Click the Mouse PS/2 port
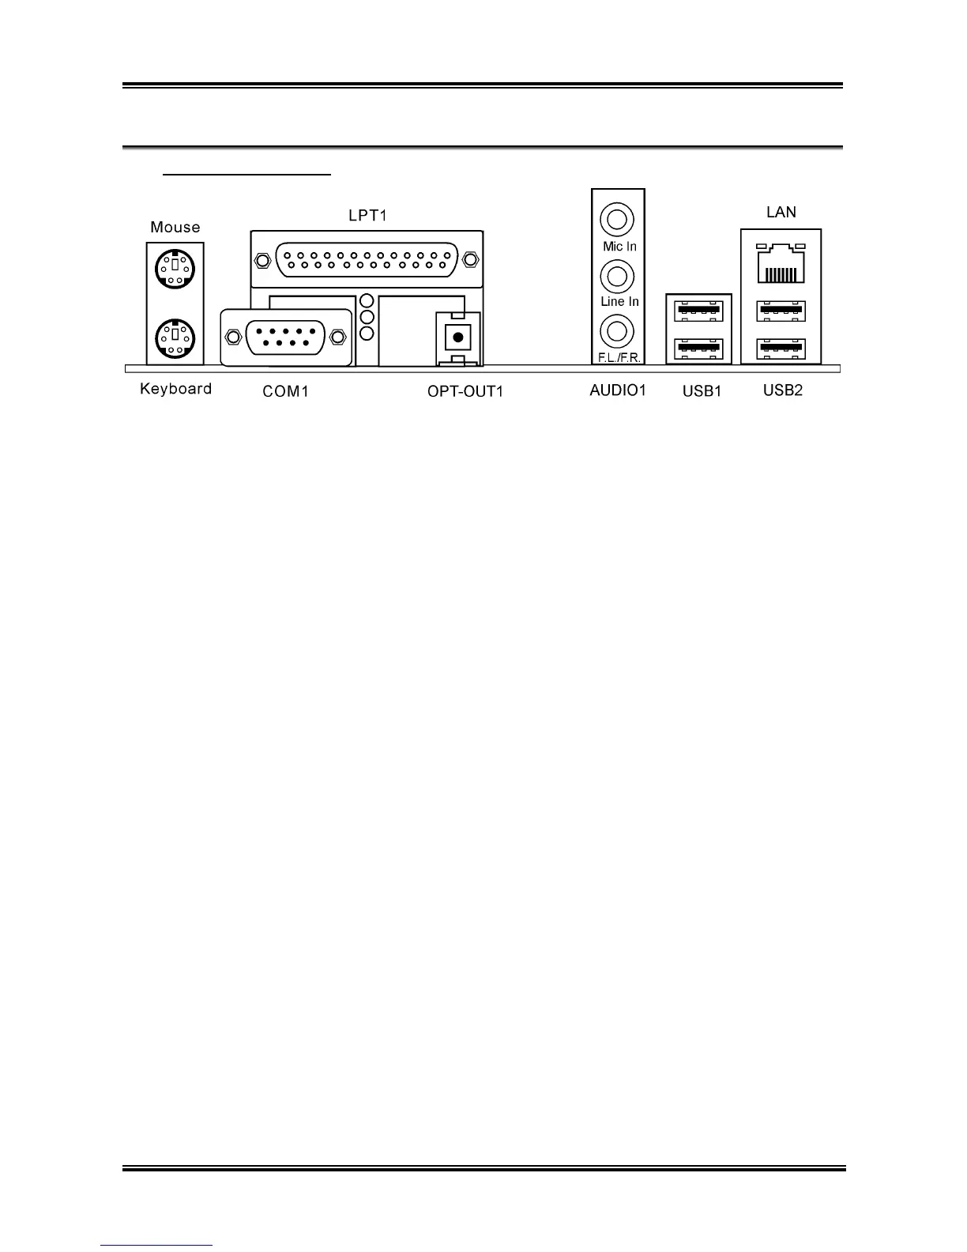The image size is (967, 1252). [x=175, y=270]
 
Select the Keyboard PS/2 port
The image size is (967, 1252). [x=175, y=338]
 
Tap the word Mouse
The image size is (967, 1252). [x=175, y=228]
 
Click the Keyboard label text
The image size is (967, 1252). [x=175, y=389]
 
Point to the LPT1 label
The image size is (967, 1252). [x=367, y=215]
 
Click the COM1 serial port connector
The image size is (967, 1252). [x=285, y=337]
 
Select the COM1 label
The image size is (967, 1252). [x=285, y=391]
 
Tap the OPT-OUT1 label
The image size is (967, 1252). [x=465, y=391]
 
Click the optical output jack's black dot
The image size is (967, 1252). [x=457, y=337]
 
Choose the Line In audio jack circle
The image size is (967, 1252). [x=617, y=276]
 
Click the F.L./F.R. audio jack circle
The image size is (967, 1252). [x=617, y=331]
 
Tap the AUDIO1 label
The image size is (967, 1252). [x=618, y=390]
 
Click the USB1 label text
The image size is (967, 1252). [x=702, y=390]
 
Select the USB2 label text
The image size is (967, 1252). [x=783, y=390]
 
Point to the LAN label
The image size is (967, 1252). [x=781, y=212]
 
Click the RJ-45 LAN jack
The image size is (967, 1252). [x=781, y=265]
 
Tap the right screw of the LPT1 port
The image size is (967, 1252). [x=471, y=259]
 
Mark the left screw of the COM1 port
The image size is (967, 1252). [x=232, y=338]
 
